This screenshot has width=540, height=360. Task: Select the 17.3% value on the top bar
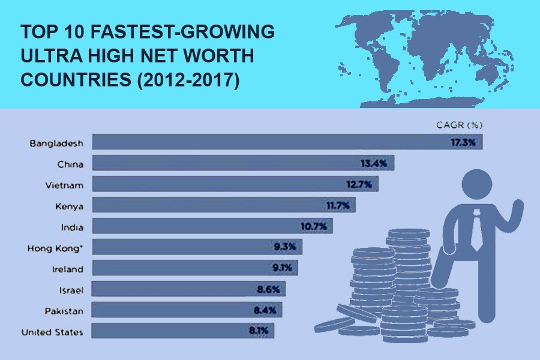(x=463, y=143)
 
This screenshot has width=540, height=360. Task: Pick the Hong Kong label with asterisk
(x=55, y=248)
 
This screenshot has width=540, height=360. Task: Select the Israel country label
(x=71, y=290)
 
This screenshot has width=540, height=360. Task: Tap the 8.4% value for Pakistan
(x=264, y=311)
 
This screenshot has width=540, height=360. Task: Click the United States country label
(x=52, y=332)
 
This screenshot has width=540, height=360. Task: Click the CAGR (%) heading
(x=459, y=125)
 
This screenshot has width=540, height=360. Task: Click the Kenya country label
(x=68, y=206)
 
